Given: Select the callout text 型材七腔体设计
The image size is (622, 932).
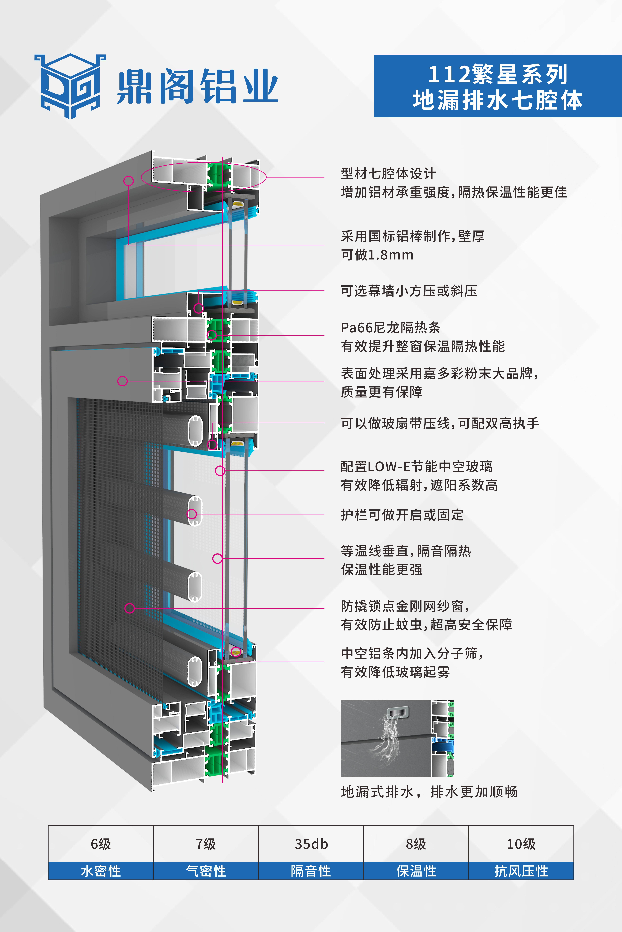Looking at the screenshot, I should click(388, 174).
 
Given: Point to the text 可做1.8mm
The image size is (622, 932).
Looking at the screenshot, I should click(377, 255).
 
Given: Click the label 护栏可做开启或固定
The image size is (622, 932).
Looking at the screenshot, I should click(402, 515).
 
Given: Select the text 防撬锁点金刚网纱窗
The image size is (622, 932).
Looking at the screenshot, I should click(405, 606).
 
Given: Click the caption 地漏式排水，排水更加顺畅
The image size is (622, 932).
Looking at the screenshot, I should click(429, 792).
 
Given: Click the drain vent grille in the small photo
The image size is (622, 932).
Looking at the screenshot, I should click(397, 713).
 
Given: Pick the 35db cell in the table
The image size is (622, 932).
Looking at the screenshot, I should click(311, 844).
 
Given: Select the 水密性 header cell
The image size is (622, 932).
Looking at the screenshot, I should click(101, 871).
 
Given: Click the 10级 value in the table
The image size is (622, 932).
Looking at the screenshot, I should click(521, 844).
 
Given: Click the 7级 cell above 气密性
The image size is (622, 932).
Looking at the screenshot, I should click(206, 844).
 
